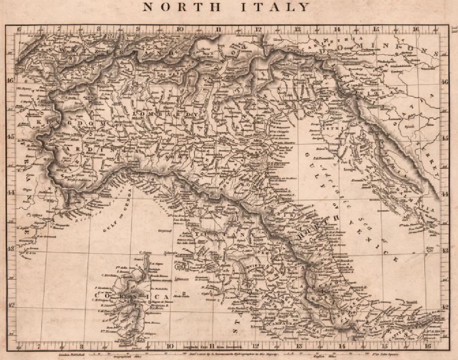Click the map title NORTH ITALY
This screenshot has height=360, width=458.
(227, 7)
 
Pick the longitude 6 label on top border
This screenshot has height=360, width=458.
(19, 29)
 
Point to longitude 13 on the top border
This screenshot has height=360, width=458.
(298, 29)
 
